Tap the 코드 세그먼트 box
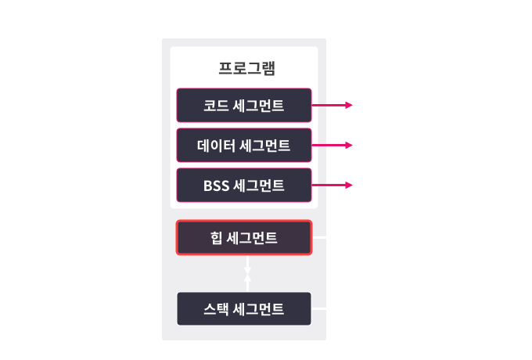point(244,104)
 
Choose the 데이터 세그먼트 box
point(244,145)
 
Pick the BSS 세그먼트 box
point(244,185)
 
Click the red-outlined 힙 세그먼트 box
point(244,237)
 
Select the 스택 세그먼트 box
point(244,309)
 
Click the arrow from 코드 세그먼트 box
point(332,104)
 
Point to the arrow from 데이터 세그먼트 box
point(332,145)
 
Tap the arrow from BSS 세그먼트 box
point(332,185)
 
